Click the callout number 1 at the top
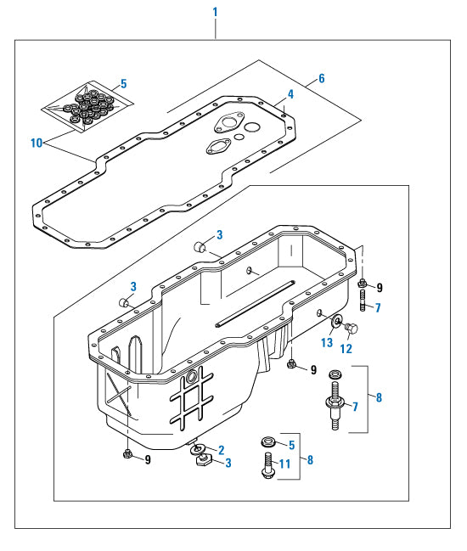pos(216,12)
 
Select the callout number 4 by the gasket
pos(290,93)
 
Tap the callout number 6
pos(322,78)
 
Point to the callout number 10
pos(36,143)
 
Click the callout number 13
pos(327,342)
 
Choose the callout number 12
pos(346,347)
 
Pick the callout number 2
pos(221,450)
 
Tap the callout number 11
pos(285,464)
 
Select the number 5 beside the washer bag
pos(123,83)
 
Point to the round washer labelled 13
pos(336,322)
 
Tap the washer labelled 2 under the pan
pos(198,448)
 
